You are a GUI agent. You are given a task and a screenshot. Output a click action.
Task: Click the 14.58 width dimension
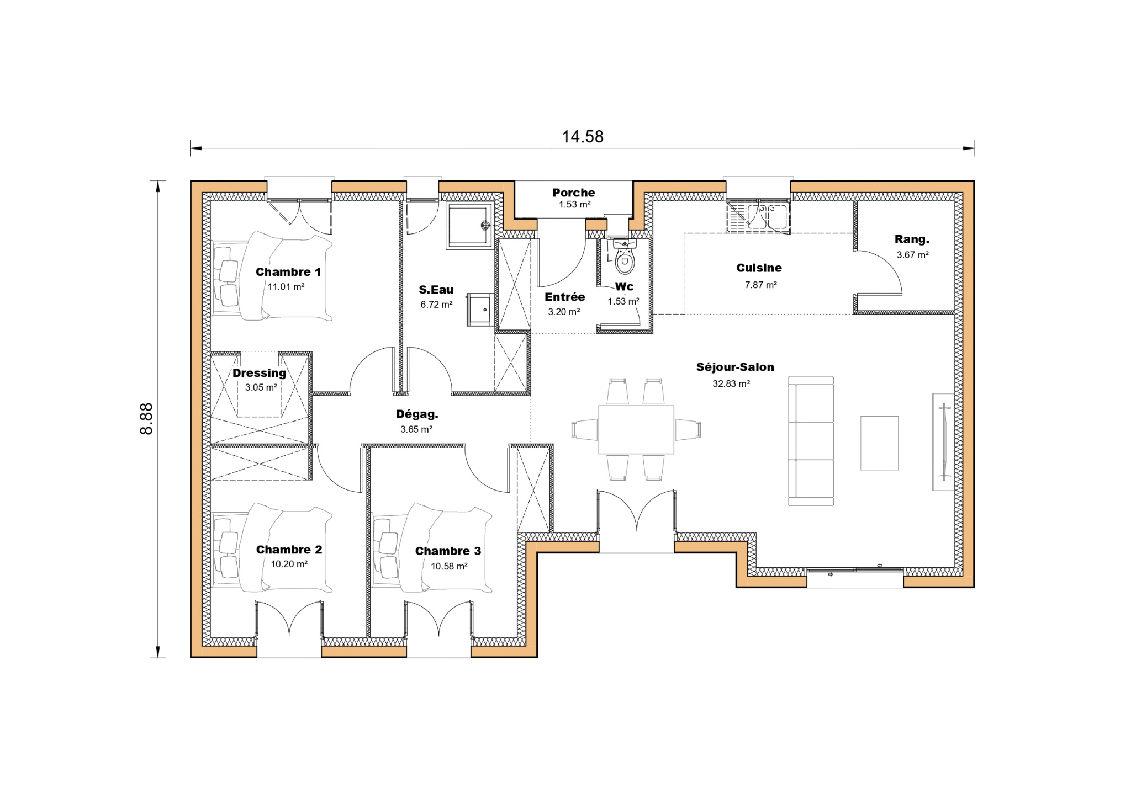(583, 137)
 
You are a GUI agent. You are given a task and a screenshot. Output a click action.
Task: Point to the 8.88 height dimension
(146, 419)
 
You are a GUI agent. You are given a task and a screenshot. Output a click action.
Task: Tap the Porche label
(574, 193)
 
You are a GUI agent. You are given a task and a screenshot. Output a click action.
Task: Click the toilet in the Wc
(625, 257)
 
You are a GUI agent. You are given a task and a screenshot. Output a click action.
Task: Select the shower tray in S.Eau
(470, 226)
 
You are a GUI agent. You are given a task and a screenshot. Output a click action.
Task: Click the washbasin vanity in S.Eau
(480, 310)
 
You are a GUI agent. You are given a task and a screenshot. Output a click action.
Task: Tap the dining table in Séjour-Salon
(636, 429)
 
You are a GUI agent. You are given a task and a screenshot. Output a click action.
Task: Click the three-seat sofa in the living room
(811, 441)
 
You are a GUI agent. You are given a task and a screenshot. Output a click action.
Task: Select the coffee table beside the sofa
(879, 443)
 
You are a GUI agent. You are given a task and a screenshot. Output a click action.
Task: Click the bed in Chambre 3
(432, 548)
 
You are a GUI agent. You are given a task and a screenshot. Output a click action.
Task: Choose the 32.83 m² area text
(731, 383)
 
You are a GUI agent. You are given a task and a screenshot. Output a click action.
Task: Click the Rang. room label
(912, 239)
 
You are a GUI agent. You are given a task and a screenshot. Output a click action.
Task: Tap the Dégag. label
(417, 414)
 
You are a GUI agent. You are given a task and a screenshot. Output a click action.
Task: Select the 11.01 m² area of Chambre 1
(286, 287)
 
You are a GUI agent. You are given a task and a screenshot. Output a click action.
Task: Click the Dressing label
(259, 373)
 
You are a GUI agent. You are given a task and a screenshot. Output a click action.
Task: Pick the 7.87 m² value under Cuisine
(760, 285)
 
